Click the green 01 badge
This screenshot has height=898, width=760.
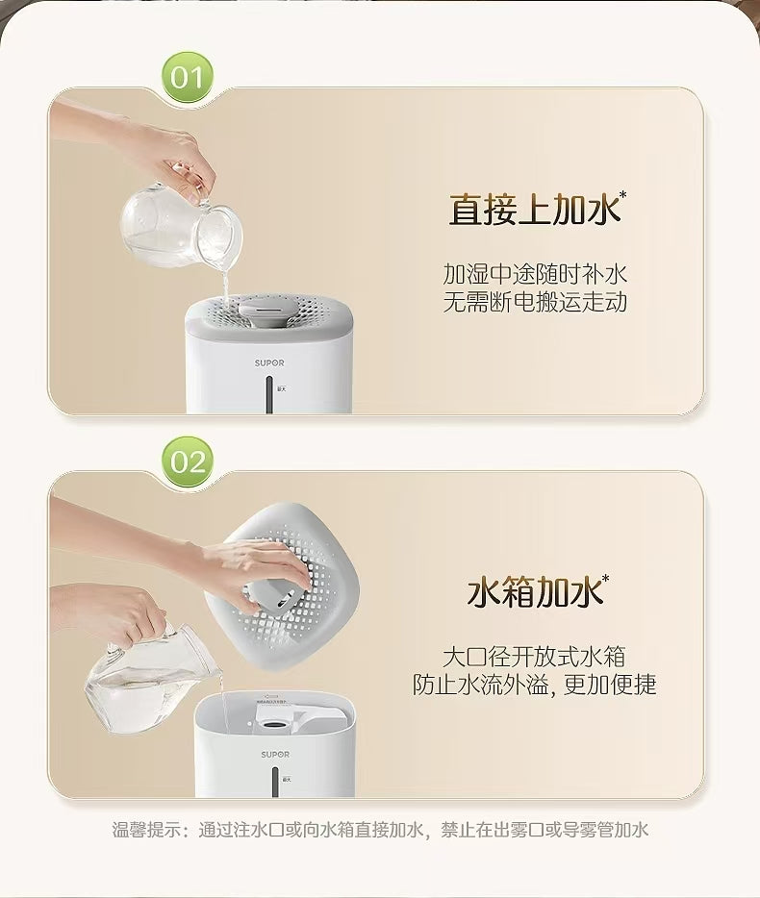(188, 76)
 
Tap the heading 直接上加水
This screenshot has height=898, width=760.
(532, 210)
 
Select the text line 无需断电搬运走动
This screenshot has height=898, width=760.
(535, 302)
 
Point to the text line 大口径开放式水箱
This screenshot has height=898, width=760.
(534, 657)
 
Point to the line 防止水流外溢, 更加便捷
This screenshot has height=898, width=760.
(534, 685)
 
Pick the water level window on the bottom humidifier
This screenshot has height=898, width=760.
(270, 783)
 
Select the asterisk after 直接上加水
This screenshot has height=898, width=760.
(622, 196)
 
